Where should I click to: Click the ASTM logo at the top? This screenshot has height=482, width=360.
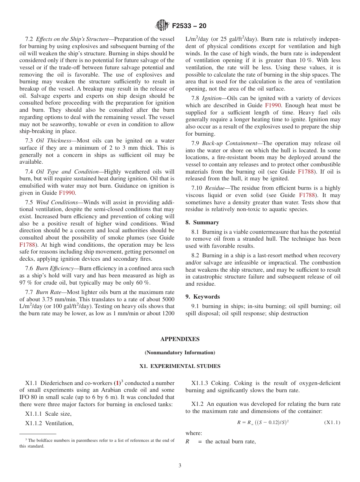point(162,26)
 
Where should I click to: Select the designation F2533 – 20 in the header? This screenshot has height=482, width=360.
point(189,26)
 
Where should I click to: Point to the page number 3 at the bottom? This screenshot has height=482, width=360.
point(180,466)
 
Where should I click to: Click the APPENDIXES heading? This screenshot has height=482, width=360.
point(180,339)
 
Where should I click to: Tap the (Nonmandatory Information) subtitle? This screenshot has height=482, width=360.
point(180,353)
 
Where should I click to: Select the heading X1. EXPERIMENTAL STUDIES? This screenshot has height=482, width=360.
point(180,366)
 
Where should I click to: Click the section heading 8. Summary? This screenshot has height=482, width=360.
point(202,222)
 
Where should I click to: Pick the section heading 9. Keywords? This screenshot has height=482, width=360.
point(202,297)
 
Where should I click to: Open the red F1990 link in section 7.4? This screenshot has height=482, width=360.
point(67,193)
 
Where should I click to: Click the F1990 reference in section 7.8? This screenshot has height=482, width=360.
point(273,105)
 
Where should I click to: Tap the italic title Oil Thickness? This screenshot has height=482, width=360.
point(53,141)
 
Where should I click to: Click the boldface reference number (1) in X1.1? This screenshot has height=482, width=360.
point(117,383)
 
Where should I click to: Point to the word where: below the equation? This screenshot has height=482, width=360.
point(194,433)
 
